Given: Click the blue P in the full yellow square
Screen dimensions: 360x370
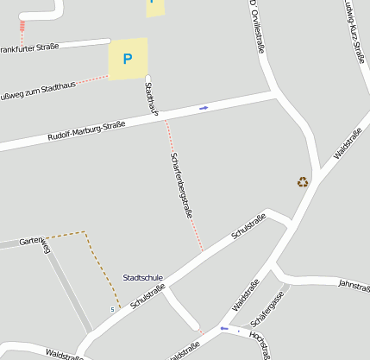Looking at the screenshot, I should [128, 60].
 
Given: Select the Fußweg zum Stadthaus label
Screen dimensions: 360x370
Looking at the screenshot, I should [38, 91].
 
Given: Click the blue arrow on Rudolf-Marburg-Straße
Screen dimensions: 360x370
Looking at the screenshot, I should [204, 108].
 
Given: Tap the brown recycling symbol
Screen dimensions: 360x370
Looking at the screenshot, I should [303, 181].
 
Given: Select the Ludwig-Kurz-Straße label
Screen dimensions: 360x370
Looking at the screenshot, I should [353, 30].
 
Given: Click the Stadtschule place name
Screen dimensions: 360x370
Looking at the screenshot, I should [143, 278].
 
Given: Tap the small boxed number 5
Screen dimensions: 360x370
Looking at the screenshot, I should [111, 309].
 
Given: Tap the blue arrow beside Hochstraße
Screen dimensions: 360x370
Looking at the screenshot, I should [224, 328].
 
